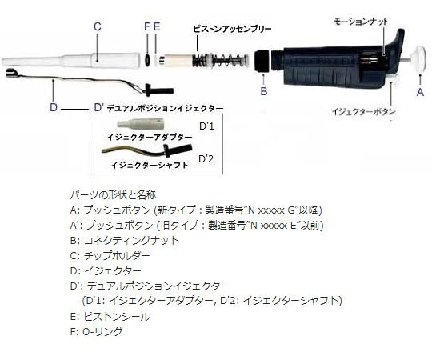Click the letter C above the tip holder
pos(98,26)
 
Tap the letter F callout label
pos(147,26)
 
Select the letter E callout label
pos(157,26)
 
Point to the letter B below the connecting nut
pos(264,91)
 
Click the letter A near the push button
pos(420,92)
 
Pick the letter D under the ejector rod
pos(54,107)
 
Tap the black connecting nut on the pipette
pos(262,61)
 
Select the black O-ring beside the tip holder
pos(147,59)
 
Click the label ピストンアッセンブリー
pos(232,29)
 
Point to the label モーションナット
pos(361,22)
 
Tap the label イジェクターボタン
pos(363,111)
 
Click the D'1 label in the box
pos(206,126)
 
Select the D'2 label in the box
pos(206,159)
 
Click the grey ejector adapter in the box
pos(141,124)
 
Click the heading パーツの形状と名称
pos(113,194)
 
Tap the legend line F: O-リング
pos(97,331)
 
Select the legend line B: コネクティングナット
pos(125,241)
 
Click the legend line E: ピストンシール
pos(110,317)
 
